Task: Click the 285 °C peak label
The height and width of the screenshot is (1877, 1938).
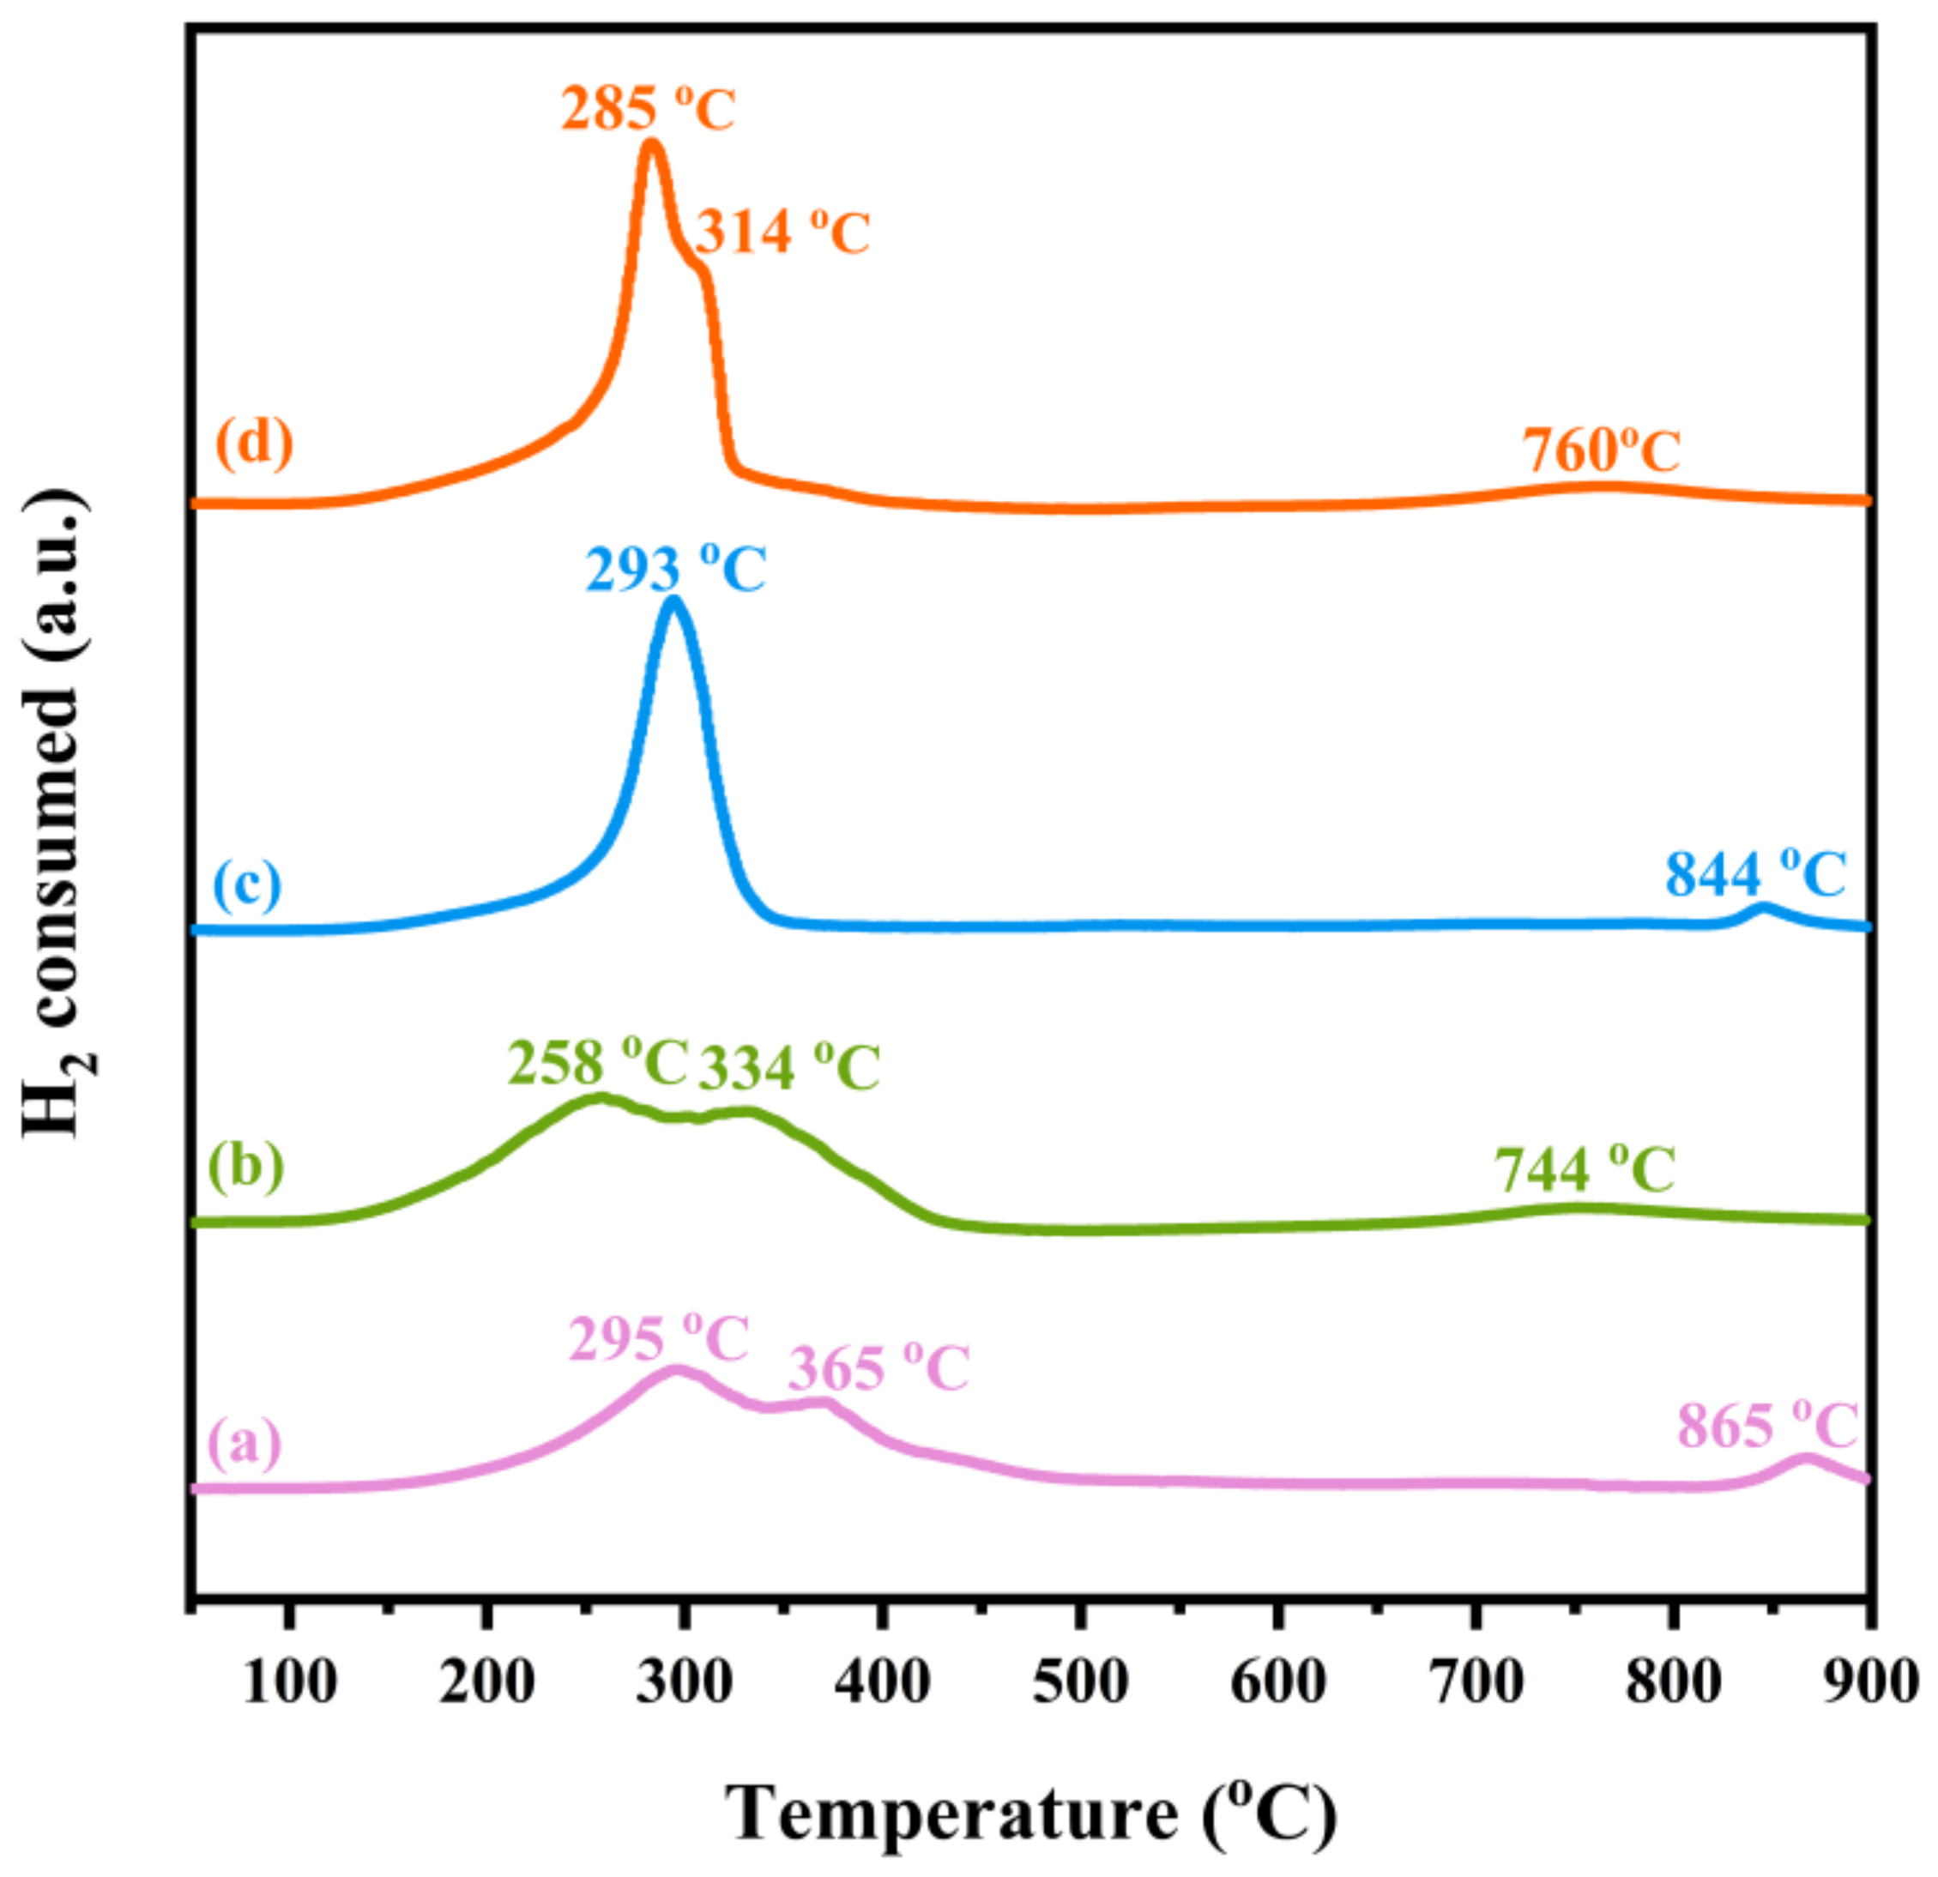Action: (x=648, y=109)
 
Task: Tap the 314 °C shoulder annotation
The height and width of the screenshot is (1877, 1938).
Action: (x=782, y=233)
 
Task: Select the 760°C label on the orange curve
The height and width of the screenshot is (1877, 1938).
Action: (x=1601, y=452)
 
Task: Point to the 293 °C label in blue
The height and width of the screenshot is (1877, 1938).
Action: (x=675, y=570)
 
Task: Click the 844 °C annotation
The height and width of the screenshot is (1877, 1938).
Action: (x=1755, y=875)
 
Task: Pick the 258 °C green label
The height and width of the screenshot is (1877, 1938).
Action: (x=597, y=1064)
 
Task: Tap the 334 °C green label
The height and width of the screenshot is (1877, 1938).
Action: (x=789, y=1068)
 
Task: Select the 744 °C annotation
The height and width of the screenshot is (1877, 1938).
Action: (x=1584, y=1170)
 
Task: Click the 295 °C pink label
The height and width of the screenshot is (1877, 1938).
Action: (x=659, y=1340)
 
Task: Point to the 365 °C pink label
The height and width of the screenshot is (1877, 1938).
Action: (x=878, y=1370)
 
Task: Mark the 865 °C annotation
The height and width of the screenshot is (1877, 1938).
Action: (x=1768, y=1426)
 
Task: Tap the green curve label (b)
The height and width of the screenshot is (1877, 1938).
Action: (x=246, y=1166)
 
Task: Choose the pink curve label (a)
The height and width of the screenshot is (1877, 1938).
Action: (x=245, y=1443)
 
